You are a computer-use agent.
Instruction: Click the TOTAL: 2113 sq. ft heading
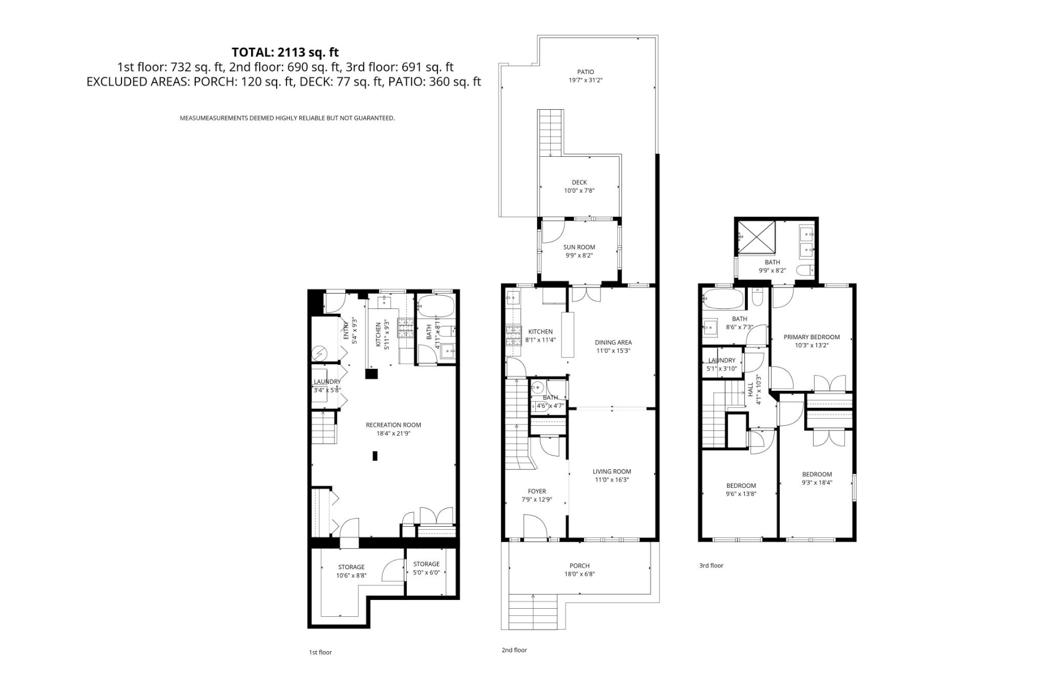click(285, 53)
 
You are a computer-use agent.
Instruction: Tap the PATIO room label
click(585, 72)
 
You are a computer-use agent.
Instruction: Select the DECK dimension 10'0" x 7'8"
click(579, 191)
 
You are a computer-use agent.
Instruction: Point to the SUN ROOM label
click(579, 247)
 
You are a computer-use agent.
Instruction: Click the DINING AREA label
click(612, 343)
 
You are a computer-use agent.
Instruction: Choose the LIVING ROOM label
click(611, 472)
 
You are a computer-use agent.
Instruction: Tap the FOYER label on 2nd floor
click(536, 491)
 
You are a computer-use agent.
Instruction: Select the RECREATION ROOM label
click(393, 425)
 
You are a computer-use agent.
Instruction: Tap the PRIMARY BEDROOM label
click(811, 337)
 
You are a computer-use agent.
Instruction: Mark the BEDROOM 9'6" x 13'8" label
click(741, 486)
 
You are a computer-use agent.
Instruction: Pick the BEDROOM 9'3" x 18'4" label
click(816, 475)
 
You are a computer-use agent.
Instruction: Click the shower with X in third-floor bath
click(756, 236)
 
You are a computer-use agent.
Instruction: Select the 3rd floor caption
click(711, 565)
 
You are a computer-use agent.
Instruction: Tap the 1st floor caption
click(320, 652)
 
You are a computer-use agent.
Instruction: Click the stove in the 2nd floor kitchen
click(514, 335)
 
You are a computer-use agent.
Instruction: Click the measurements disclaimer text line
click(287, 118)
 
